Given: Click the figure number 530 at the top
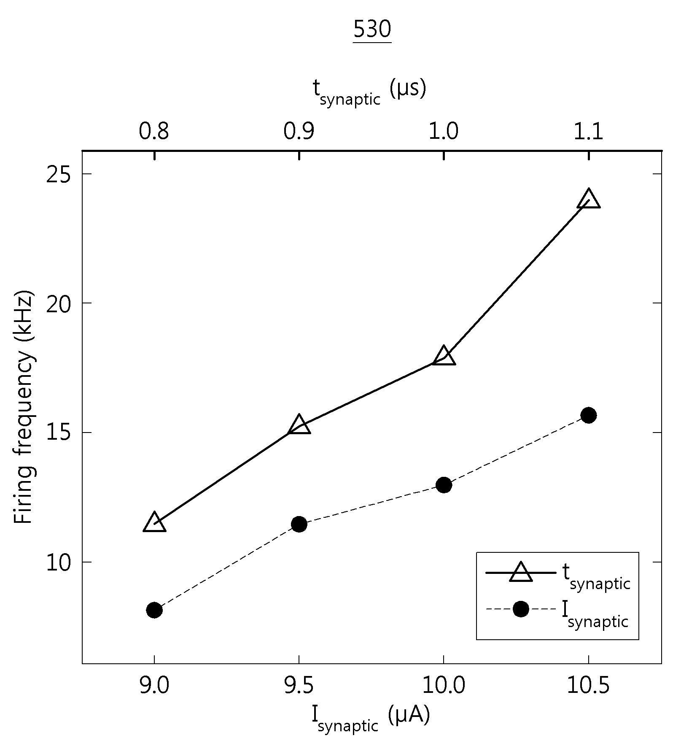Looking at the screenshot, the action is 372,30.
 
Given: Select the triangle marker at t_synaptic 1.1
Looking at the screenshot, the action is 589,199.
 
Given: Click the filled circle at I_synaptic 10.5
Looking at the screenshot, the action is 589,415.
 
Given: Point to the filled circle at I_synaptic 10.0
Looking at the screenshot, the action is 444,485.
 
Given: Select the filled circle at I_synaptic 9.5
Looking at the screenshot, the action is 299,524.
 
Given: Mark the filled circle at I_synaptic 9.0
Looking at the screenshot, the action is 155,610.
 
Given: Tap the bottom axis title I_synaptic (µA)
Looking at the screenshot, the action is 371,719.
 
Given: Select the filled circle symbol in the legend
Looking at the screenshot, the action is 521,609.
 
